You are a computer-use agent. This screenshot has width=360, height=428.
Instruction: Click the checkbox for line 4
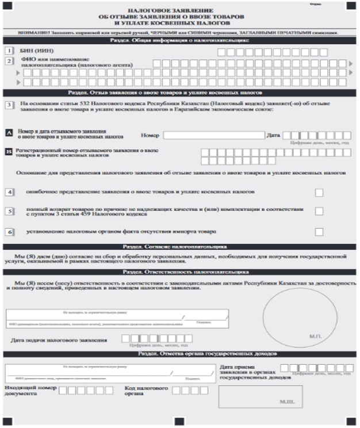point(319,192)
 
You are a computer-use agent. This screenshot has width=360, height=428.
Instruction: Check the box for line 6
point(319,232)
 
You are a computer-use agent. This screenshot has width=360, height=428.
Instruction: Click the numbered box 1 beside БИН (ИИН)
point(9,51)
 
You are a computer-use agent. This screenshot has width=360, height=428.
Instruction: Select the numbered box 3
point(9,104)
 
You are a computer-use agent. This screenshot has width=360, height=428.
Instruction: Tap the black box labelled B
point(9,152)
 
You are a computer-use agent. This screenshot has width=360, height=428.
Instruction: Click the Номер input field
point(213,136)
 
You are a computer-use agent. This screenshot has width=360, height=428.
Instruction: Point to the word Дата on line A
point(273,136)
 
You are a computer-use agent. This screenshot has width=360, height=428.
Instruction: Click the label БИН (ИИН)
point(37,51)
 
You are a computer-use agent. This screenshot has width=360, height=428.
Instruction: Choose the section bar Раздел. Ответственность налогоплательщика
point(179,271)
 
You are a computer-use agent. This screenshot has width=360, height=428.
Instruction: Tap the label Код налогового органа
point(147,392)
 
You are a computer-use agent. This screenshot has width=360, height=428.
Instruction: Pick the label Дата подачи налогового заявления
point(59,340)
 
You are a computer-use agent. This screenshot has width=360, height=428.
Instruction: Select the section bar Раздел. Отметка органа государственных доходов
point(179,353)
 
